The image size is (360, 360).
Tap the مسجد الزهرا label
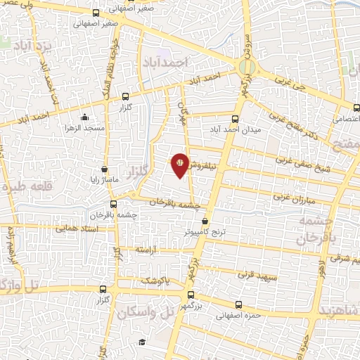(85, 129)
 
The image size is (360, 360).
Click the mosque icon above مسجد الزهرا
(85, 117)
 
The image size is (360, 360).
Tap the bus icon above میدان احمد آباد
(236, 120)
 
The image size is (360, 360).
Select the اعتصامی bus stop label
(345, 120)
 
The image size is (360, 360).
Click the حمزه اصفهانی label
(239, 316)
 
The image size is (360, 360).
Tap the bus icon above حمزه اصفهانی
(239, 305)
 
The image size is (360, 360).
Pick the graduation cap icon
(142, 342)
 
